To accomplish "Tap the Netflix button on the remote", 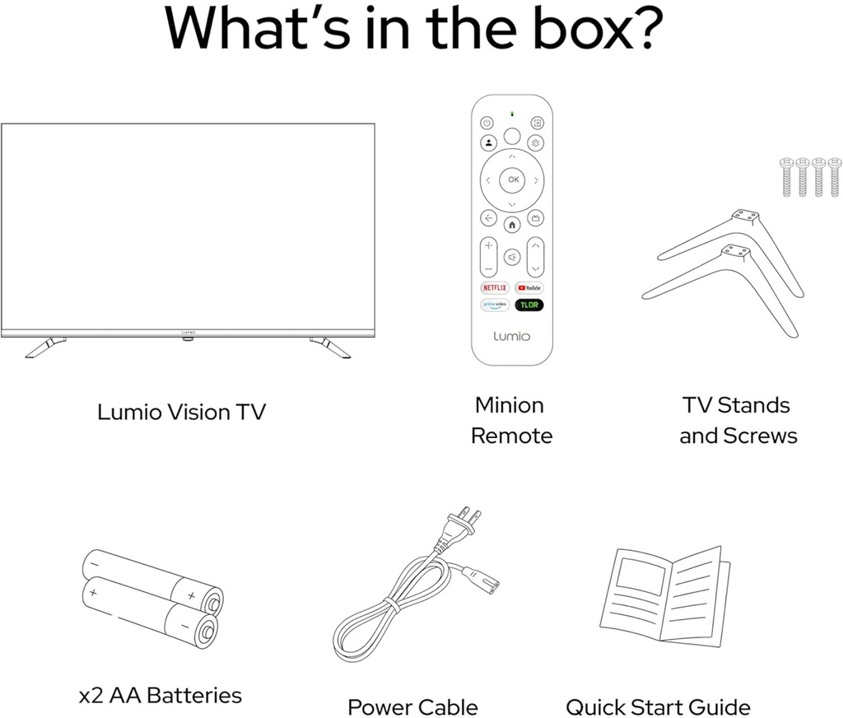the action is [x=495, y=287].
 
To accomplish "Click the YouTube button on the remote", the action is [x=529, y=287].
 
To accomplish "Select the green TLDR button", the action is [x=529, y=305].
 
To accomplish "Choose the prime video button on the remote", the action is [x=495, y=305].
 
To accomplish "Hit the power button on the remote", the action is [x=487, y=124].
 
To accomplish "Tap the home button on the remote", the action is [x=512, y=225].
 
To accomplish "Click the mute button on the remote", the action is [x=512, y=257].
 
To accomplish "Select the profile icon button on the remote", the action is [x=488, y=143].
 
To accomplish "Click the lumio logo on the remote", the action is [x=512, y=336].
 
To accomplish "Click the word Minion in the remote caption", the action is [x=509, y=405].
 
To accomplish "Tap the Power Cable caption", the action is [x=412, y=706].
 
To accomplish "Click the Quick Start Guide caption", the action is [x=658, y=706].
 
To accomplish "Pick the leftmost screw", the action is [x=786, y=177].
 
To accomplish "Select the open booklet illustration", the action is [x=665, y=596].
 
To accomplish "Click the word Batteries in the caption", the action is [x=194, y=695].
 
